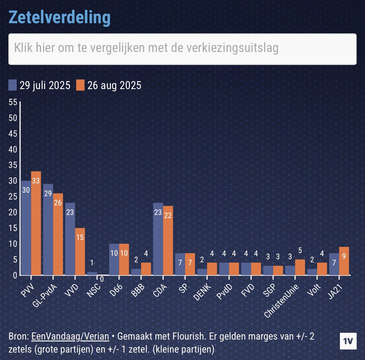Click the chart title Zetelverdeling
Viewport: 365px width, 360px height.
[x=59, y=17]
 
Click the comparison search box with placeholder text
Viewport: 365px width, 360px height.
[x=182, y=49]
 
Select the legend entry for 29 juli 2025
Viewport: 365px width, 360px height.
[x=40, y=85]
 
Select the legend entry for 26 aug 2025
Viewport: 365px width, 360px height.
[x=109, y=85]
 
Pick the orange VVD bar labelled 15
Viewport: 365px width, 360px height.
[x=80, y=251]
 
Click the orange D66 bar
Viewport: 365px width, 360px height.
[x=124, y=259]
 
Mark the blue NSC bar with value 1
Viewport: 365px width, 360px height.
[x=92, y=273]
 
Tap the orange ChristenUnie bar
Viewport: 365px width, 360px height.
[x=300, y=267]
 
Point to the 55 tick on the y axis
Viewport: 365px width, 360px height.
[x=13, y=102]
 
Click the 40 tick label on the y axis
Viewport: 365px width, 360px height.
[x=13, y=149]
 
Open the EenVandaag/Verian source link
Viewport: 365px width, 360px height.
[x=70, y=336]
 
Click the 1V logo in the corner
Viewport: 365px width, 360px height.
[x=348, y=341]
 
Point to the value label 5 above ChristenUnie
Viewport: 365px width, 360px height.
[x=300, y=251]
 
